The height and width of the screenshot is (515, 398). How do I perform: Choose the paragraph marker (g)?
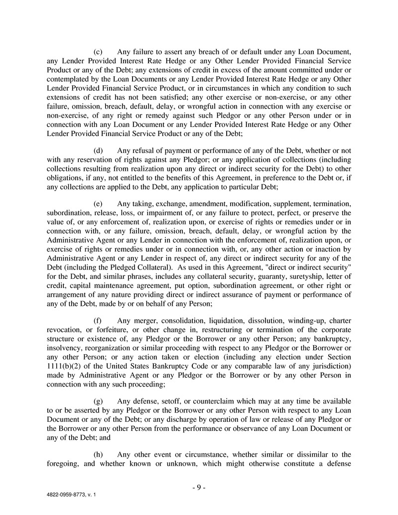pyautogui.click(x=99, y=401)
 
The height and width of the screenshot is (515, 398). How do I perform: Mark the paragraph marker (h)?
pyautogui.click(x=99, y=454)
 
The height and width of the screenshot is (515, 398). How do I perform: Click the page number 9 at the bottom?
pyautogui.click(x=199, y=488)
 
